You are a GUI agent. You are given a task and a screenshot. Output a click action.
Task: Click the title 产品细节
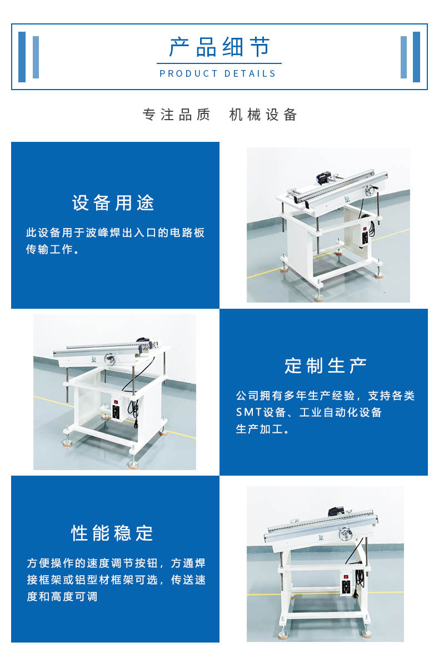pos(219,47)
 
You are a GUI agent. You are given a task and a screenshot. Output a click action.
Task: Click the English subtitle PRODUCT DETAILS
pos(218,74)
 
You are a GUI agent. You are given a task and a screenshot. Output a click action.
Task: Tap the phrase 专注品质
pos(176,115)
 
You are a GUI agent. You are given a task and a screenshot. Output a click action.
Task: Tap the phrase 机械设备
pos(263,115)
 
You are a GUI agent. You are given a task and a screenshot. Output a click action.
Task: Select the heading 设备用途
pos(113,203)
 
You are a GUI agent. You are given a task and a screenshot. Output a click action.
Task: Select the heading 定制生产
pos(326,365)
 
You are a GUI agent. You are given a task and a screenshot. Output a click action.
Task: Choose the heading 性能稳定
pos(112,533)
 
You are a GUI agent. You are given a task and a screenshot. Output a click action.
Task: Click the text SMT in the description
pos(248,412)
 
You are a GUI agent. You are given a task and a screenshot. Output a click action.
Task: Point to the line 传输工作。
pos(53,249)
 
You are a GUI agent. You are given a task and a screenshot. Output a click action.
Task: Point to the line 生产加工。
pos(262,429)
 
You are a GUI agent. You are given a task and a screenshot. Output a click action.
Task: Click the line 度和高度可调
pos(62,596)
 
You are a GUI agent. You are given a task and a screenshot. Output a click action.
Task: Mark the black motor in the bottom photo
pos(336,512)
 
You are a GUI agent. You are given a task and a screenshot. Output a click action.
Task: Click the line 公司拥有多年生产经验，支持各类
pos(325,396)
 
